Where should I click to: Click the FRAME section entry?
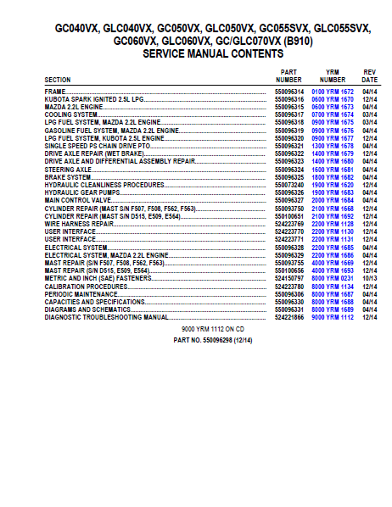[x=55, y=90]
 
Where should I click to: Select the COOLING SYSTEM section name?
[x=71, y=114]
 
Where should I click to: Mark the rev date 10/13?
[x=370, y=276]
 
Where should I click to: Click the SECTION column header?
[x=58, y=80]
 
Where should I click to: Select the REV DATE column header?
[x=370, y=75]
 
